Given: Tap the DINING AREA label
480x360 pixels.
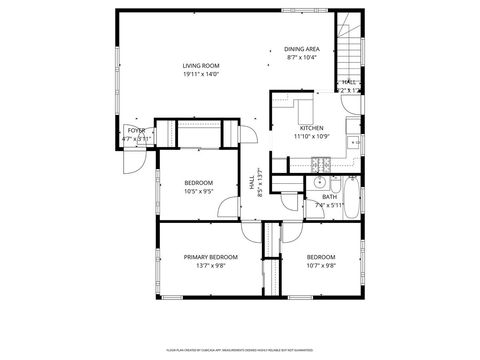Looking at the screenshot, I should [301, 48].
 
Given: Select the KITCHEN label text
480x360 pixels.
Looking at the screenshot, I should [311, 128].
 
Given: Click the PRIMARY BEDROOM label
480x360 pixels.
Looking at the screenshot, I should [210, 257].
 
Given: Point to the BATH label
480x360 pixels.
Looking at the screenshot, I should [328, 196].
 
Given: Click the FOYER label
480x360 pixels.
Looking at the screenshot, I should [136, 130].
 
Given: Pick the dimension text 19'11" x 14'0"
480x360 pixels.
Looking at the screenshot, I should [200, 74].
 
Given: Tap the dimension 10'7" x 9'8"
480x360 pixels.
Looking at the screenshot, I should [321, 266].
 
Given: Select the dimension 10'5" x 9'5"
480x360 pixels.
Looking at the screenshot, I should [198, 191].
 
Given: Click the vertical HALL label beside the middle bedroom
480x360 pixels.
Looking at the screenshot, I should [252, 184].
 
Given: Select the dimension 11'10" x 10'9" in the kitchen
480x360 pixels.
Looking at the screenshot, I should [311, 136].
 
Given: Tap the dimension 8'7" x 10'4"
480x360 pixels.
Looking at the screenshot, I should [301, 57].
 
